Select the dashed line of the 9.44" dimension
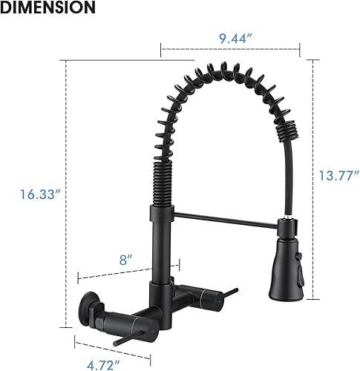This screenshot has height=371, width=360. click(x=230, y=51)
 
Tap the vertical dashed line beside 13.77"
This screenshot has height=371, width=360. click(x=312, y=148)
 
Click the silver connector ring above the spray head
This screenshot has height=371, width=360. click(x=286, y=220)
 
